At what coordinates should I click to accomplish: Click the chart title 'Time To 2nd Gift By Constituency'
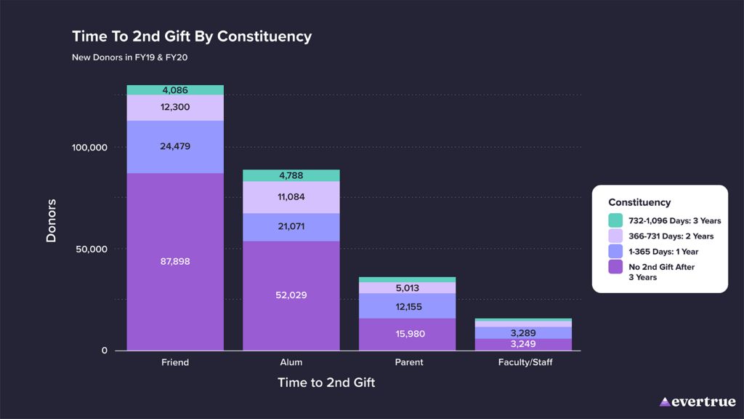tap(192, 36)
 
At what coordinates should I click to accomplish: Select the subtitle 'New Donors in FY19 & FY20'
tap(129, 57)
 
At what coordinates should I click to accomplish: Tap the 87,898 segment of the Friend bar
tap(175, 261)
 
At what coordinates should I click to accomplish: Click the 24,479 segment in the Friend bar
tap(175, 146)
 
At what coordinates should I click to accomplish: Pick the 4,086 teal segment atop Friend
tap(175, 90)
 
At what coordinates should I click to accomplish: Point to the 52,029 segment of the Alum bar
tap(291, 295)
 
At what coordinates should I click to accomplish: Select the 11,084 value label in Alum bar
tap(291, 197)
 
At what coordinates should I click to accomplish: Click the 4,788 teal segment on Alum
tap(291, 175)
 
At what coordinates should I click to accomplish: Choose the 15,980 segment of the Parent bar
tap(409, 334)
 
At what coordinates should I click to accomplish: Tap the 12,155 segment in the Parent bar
tap(409, 306)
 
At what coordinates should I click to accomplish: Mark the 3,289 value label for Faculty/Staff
tap(523, 333)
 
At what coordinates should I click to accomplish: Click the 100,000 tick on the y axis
tap(89, 148)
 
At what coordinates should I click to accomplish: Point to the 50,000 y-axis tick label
tap(92, 250)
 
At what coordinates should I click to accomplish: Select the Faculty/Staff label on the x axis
tap(525, 362)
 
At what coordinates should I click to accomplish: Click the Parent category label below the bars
tap(409, 362)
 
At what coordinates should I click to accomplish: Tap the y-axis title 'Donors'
tap(52, 220)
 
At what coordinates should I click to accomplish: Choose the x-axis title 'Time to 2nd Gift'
tap(326, 383)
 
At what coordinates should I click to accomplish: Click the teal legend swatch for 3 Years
tap(615, 220)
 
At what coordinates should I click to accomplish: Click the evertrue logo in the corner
tap(697, 402)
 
